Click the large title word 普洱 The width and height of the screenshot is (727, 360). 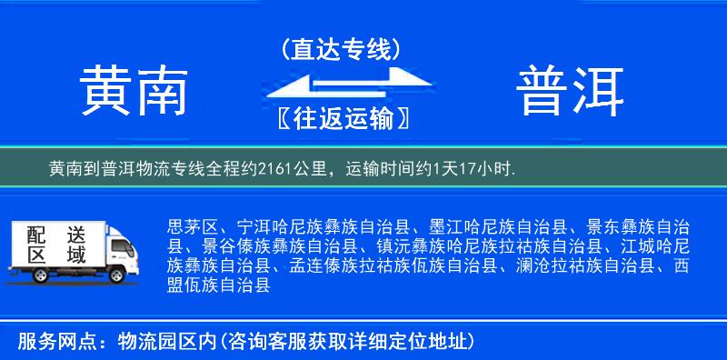tap(572, 91)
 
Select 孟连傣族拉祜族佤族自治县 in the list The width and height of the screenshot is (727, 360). tap(395, 265)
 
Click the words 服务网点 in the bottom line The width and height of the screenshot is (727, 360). tap(47, 341)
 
